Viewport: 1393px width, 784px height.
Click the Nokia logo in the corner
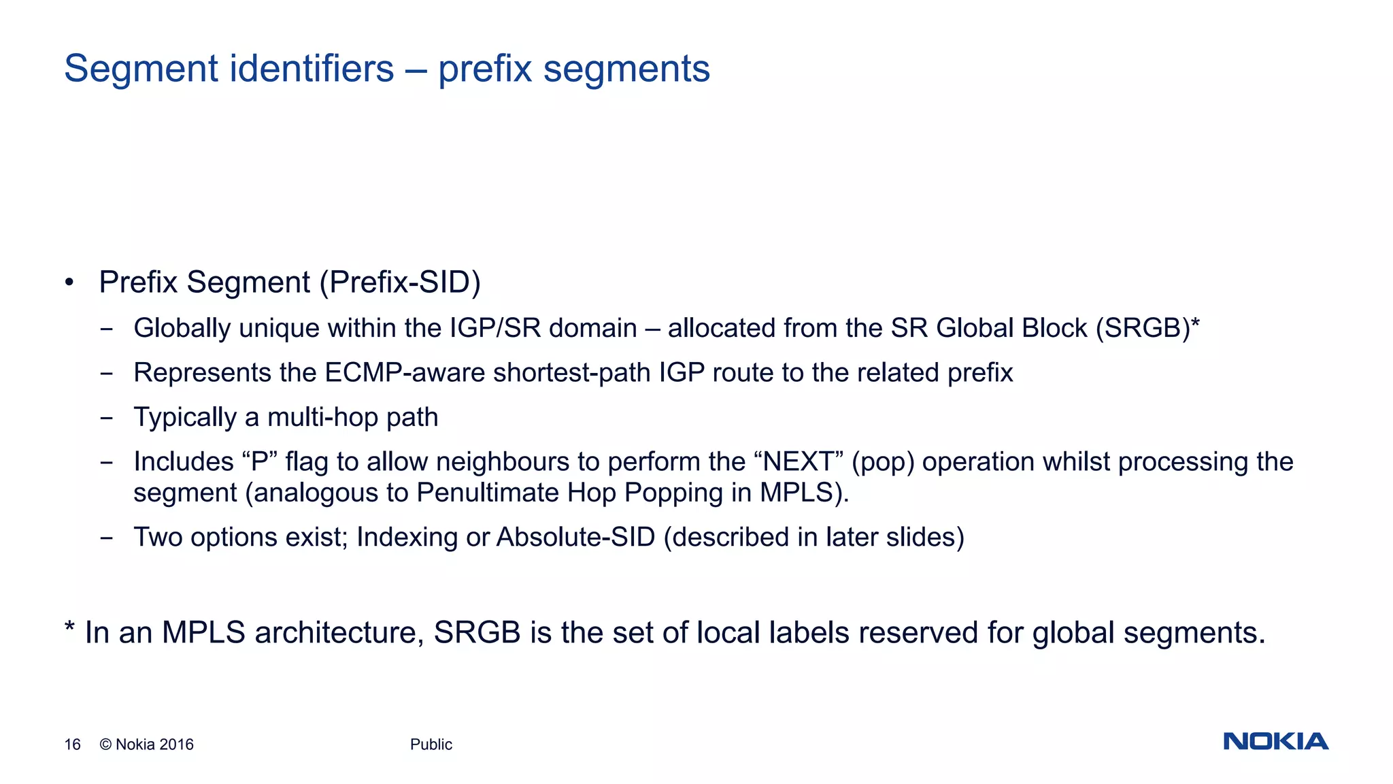coord(1275,741)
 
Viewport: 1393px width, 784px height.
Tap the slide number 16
coord(72,745)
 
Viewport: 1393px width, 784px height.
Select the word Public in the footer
coord(431,745)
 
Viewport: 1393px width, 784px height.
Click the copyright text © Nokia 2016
coord(146,745)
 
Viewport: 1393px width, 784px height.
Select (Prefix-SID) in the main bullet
coord(401,282)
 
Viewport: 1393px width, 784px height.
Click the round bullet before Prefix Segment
coord(69,282)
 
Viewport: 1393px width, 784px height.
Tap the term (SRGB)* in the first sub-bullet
coord(1147,328)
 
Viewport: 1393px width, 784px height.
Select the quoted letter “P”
coord(259,461)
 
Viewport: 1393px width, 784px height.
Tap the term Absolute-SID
coord(575,538)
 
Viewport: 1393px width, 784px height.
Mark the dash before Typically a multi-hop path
coord(106,417)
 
